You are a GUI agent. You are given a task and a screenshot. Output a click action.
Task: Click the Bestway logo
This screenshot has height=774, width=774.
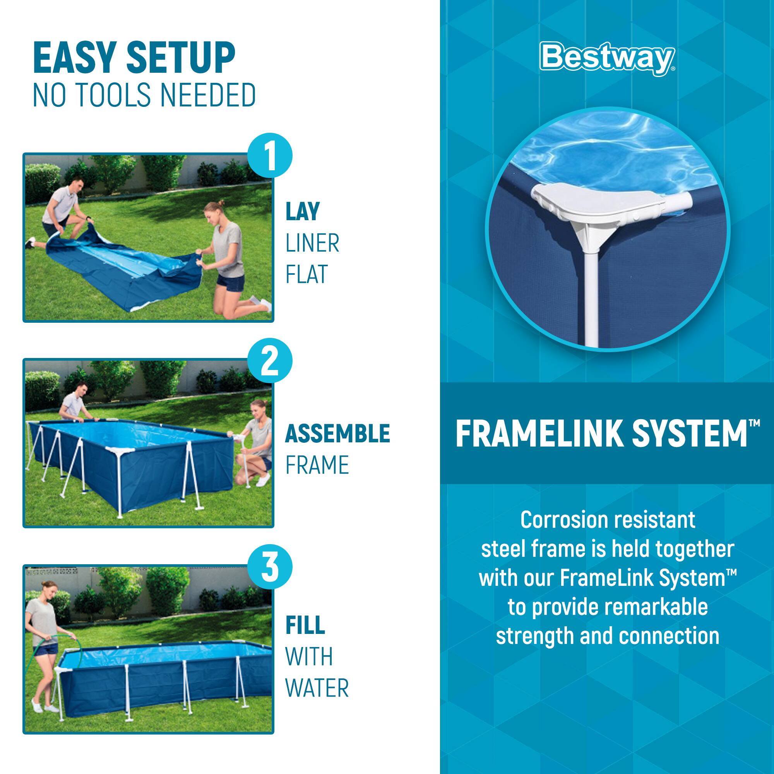click(606, 59)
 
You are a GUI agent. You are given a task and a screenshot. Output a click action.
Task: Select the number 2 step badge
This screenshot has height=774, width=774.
click(270, 361)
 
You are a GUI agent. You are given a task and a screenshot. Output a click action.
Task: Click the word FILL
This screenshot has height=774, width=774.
click(305, 625)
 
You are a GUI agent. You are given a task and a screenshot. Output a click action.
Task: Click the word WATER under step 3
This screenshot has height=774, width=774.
click(317, 688)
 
